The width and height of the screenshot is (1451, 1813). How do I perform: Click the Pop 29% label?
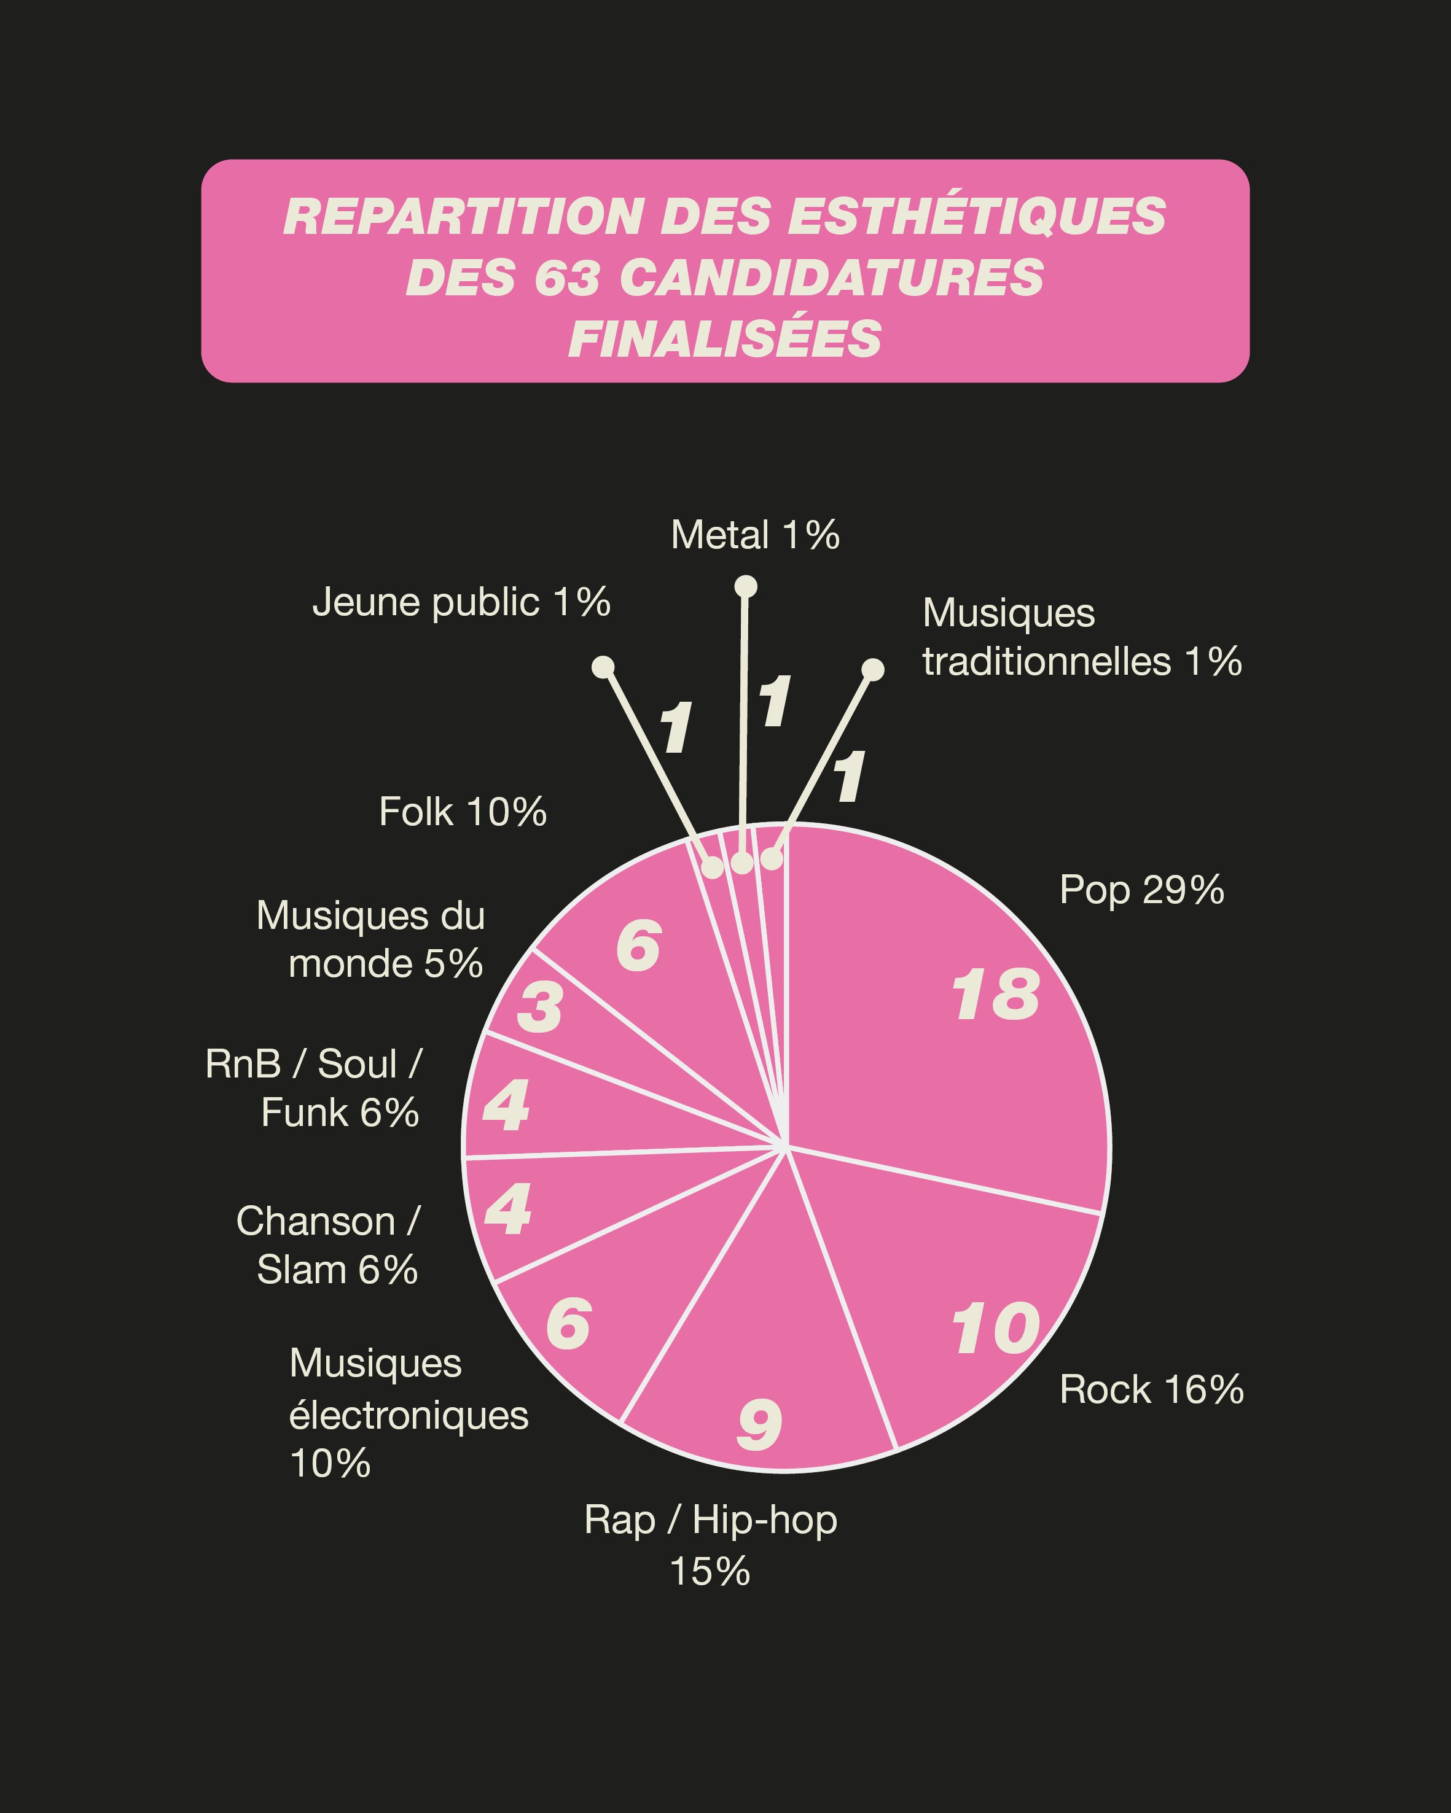(1141, 890)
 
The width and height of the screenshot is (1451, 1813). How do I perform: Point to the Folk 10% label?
(463, 812)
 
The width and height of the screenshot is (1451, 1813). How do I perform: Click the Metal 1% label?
(754, 535)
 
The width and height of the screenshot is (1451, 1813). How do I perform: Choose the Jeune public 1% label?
(461, 602)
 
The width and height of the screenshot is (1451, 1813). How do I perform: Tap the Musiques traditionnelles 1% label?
(1081, 637)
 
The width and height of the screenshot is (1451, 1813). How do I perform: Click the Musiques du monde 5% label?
(371, 939)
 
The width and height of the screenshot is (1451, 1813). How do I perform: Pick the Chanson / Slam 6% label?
(328, 1245)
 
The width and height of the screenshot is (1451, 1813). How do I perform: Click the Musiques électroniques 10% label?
(408, 1415)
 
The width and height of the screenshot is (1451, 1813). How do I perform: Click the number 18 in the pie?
(995, 996)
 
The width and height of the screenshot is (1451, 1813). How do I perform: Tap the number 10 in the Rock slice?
(995, 1329)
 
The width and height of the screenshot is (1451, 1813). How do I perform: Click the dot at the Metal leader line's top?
(745, 586)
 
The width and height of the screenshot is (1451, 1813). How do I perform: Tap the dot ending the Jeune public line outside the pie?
(602, 667)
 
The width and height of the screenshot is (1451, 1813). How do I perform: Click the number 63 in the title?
(567, 278)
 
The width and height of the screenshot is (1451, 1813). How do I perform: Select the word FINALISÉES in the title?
(724, 339)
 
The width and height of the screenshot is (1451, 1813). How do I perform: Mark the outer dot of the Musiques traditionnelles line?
(873, 669)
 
